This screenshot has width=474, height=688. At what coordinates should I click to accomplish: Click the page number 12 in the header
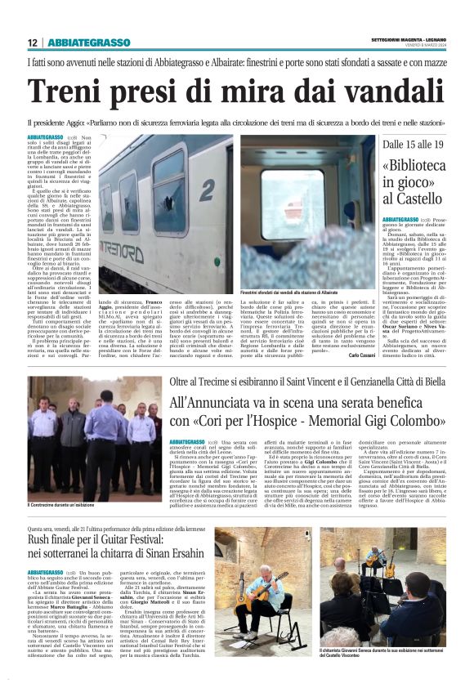33,42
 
